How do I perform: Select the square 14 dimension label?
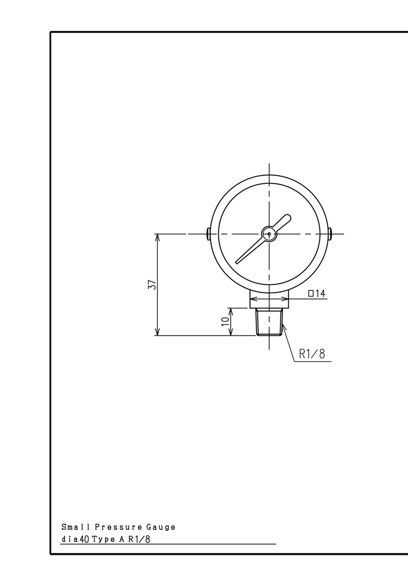[x=317, y=293]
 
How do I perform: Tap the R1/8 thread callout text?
[x=312, y=354]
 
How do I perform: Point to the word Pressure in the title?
[x=118, y=527]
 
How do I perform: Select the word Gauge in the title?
[x=161, y=527]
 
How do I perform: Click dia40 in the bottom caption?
[x=75, y=539]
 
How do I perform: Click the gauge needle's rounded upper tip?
[x=288, y=218]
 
